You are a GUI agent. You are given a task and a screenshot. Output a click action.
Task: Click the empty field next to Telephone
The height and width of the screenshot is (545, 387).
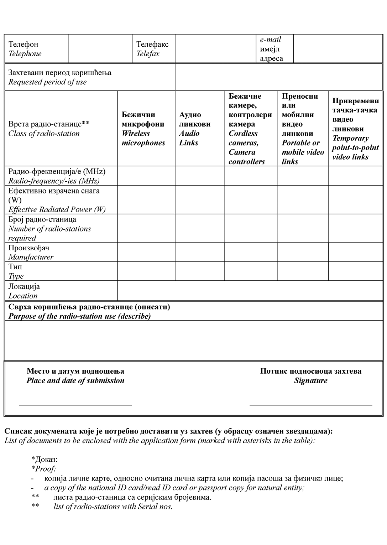tap(100, 49)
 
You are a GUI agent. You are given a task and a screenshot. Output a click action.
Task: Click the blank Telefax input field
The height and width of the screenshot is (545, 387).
tap(215, 49)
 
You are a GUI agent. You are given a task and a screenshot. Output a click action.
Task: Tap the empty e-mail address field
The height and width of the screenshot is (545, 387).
tap(338, 49)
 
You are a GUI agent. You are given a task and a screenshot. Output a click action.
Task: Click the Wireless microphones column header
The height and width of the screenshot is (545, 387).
tap(143, 129)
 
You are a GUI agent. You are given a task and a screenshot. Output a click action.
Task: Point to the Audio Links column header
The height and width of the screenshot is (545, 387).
tap(195, 129)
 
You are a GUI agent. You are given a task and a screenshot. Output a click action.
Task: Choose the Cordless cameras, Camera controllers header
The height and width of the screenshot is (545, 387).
tap(250, 129)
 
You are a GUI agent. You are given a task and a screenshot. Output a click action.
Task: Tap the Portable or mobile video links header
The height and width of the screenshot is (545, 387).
tap(303, 129)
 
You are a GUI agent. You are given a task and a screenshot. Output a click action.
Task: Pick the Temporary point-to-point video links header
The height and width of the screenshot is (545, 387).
tap(355, 129)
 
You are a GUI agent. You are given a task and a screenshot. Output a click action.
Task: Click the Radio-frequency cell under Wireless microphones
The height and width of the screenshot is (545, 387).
tap(146, 176)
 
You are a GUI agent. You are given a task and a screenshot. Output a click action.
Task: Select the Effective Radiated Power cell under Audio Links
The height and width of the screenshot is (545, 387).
tap(200, 199)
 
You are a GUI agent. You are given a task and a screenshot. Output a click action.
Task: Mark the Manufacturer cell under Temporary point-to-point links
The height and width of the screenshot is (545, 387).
tap(355, 252)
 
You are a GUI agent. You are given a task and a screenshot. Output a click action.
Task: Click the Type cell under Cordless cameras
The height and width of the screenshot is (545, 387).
tap(251, 271)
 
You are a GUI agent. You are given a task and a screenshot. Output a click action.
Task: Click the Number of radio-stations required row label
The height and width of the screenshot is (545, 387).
tap(50, 228)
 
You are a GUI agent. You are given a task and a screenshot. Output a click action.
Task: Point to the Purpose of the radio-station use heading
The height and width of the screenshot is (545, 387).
tap(89, 311)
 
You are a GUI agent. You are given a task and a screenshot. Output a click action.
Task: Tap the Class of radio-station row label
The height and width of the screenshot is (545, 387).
tap(49, 129)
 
